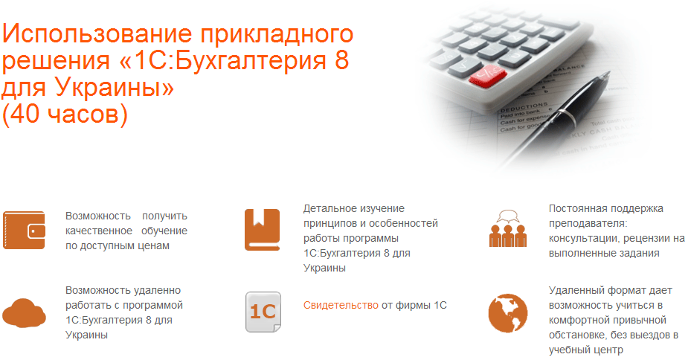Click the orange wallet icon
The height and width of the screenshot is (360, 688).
pyautogui.click(x=24, y=230)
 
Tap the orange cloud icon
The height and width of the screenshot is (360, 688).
pyautogui.click(x=24, y=312)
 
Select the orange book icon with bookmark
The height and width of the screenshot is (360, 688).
pyautogui.click(x=262, y=230)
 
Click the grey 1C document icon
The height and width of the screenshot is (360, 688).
pyautogui.click(x=263, y=312)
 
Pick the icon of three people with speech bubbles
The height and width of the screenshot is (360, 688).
pyautogui.click(x=508, y=228)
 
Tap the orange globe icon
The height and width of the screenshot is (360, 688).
pyautogui.click(x=508, y=313)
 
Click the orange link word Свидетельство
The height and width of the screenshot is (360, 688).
pyautogui.click(x=341, y=305)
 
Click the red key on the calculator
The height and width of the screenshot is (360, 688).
pyautogui.click(x=487, y=76)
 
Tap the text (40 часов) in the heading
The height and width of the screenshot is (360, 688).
pyautogui.click(x=65, y=114)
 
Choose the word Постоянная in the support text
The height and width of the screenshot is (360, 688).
pyautogui.click(x=577, y=208)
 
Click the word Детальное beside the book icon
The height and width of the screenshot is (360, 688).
pyautogui.click(x=329, y=208)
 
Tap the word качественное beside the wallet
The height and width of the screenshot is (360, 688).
pyautogui.click(x=99, y=231)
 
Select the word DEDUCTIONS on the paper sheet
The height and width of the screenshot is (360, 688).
pyautogui.click(x=524, y=108)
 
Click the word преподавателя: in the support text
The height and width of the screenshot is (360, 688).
pyautogui.click(x=588, y=223)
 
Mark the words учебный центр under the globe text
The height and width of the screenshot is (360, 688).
pyautogui.click(x=586, y=350)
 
